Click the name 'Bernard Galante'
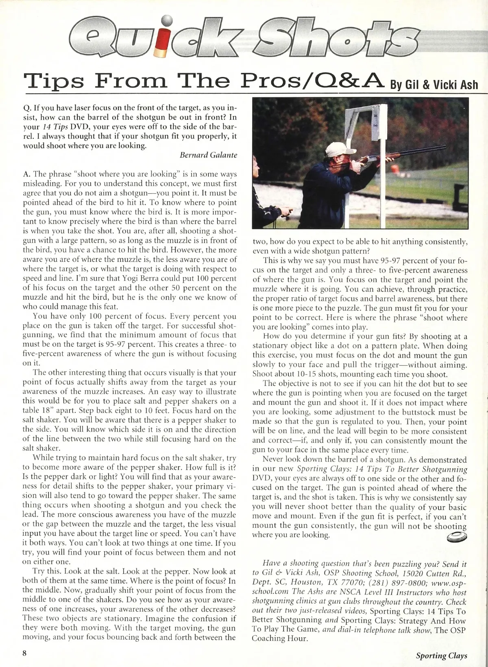(x=208, y=155)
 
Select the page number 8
(x=24, y=653)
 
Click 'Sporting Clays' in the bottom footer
(x=441, y=656)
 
